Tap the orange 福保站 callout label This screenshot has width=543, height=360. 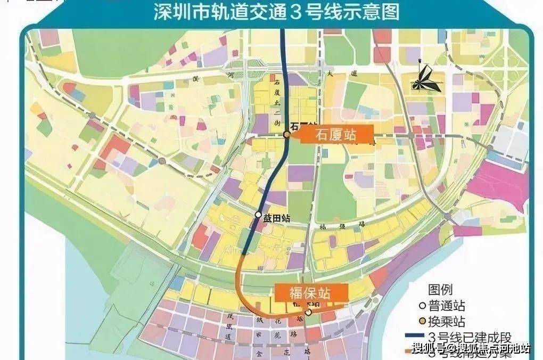coord(311,292)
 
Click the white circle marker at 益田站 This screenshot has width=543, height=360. coord(258,216)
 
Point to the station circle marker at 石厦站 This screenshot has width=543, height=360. coord(286,135)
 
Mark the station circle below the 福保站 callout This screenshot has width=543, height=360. coord(308,312)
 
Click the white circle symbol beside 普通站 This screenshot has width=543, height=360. coord(422,306)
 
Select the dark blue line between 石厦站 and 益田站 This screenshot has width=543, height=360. coord(274,176)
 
